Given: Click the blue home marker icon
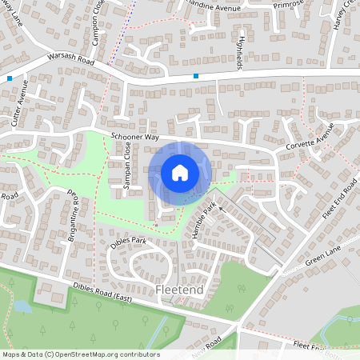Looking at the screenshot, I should pos(179,172).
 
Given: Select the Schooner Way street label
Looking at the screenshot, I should pos(135,138).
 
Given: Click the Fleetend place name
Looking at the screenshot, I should pos(180,289).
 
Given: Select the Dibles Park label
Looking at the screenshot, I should pos(128,241).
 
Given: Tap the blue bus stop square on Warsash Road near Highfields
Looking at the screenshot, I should pos(196,76).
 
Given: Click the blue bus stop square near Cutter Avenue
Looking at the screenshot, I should pos(9,78).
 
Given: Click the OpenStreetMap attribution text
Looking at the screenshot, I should pos(80,354).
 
